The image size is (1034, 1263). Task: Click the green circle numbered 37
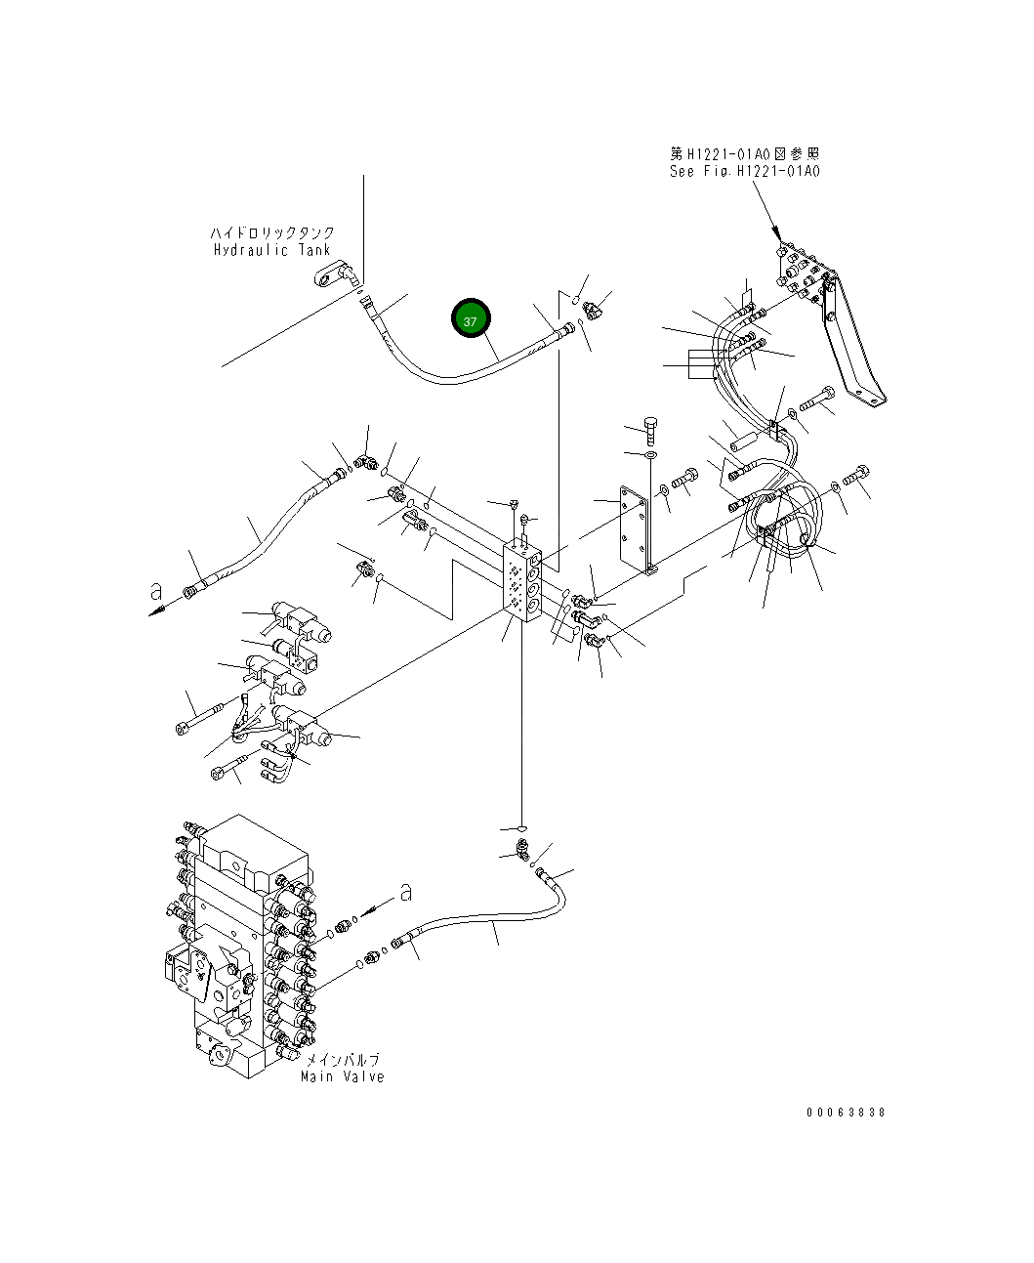(471, 319)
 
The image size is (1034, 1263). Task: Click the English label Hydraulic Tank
(272, 250)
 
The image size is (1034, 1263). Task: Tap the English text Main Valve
(343, 1076)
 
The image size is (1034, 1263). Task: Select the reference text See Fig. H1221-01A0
(744, 171)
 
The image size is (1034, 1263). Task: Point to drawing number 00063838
(846, 1113)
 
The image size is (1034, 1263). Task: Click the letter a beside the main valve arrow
(405, 892)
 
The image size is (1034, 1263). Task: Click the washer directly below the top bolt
(651, 455)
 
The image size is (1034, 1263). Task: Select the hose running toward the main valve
(488, 921)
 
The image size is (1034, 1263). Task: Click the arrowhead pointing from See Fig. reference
(776, 234)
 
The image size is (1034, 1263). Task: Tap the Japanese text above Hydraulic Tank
(272, 233)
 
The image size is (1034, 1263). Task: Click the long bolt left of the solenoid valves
(200, 720)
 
